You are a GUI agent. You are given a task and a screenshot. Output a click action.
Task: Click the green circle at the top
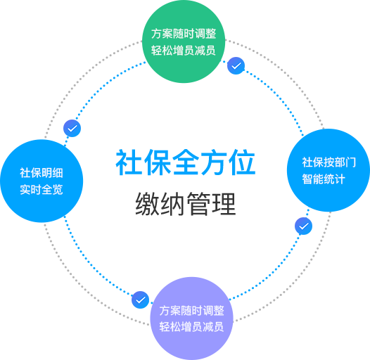tap(184, 41)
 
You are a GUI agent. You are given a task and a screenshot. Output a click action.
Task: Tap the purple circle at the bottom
tap(191, 319)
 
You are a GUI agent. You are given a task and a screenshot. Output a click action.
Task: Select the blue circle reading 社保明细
tap(42, 181)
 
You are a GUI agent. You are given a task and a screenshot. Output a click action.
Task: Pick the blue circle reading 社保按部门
tap(328, 170)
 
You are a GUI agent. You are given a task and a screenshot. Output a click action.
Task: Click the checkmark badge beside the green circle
tap(236, 66)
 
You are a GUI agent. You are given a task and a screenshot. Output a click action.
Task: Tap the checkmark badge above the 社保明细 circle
tap(72, 129)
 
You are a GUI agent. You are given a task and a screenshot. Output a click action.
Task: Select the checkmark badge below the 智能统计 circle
tap(303, 226)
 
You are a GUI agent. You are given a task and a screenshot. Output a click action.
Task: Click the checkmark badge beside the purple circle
tap(140, 300)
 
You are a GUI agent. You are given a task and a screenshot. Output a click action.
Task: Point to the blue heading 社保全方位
tap(186, 162)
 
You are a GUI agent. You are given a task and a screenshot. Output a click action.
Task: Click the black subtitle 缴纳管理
tap(186, 204)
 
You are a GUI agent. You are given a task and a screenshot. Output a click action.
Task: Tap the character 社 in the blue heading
tap(129, 162)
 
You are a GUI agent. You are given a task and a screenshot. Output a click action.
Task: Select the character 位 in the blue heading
tap(243, 162)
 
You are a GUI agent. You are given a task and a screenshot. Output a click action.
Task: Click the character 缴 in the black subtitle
tap(147, 204)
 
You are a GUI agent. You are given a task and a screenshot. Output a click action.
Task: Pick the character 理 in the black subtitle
tap(224, 204)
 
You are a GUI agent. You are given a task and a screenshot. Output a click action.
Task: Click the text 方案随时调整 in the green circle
tap(184, 34)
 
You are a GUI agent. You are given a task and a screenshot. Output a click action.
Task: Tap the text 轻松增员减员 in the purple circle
tap(191, 327)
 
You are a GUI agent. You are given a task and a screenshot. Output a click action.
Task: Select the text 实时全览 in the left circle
tap(42, 190)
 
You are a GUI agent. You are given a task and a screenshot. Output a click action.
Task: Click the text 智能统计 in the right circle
tap(324, 179)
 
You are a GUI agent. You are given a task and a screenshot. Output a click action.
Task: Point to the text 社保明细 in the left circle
tap(42, 173)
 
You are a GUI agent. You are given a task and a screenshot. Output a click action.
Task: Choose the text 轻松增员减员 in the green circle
tap(184, 51)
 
